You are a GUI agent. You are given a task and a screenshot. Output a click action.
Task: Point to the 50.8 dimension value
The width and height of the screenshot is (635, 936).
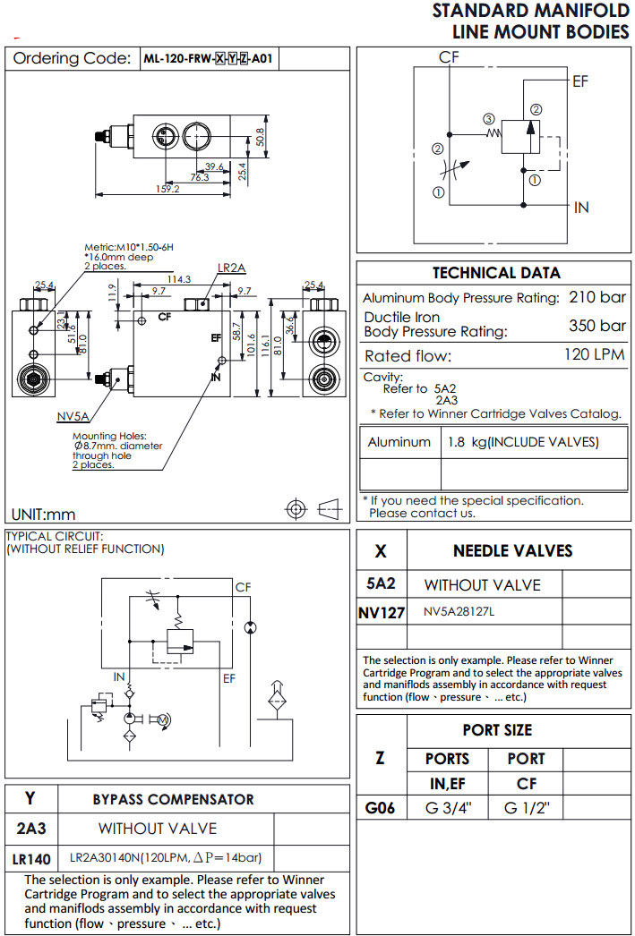coord(261,136)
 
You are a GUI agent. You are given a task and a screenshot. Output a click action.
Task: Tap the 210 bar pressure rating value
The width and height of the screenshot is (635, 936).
coord(596,297)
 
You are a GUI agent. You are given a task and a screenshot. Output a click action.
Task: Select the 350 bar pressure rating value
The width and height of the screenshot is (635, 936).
coord(596,325)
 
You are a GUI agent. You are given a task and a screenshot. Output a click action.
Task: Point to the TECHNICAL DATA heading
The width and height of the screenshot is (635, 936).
coord(496,273)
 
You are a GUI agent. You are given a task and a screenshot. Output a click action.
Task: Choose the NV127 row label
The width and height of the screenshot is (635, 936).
coord(382,614)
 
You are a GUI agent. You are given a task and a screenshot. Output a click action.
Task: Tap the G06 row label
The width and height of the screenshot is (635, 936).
coord(381,809)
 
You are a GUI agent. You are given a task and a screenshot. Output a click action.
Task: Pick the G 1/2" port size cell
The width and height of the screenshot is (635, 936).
coord(526,809)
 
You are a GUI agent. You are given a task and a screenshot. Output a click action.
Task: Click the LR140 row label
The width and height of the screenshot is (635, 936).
coord(31,858)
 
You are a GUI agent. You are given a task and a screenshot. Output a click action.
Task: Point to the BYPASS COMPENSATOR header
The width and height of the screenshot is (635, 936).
coord(173,799)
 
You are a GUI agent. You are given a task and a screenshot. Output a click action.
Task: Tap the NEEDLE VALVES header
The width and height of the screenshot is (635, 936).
coord(512,550)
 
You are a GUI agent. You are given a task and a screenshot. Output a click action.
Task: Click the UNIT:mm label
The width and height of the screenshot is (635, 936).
coord(43,514)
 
